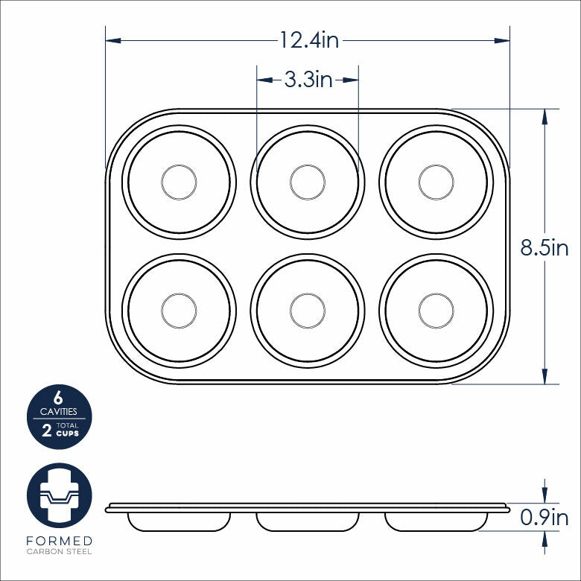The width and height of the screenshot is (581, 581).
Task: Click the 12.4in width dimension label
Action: (x=309, y=40)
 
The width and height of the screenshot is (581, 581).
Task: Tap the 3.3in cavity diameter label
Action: (x=308, y=80)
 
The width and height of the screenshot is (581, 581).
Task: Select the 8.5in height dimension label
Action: (x=544, y=248)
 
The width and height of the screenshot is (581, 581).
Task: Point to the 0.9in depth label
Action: (x=544, y=517)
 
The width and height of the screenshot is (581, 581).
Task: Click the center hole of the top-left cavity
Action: (x=179, y=182)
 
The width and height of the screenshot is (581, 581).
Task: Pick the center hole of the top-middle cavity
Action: (x=308, y=182)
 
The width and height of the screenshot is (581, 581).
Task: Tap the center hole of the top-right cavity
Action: (x=436, y=182)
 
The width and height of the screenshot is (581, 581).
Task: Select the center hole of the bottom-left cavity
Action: (x=179, y=310)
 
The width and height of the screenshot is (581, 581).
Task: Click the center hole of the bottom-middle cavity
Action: (x=308, y=310)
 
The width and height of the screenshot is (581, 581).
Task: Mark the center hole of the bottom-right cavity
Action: (x=436, y=310)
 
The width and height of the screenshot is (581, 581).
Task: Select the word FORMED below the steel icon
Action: (x=60, y=541)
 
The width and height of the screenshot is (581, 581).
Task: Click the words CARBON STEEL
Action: (x=60, y=552)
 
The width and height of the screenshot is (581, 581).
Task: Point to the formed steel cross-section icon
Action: (x=60, y=495)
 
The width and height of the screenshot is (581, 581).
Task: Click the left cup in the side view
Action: (x=179, y=521)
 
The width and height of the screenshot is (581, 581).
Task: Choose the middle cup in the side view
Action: (x=308, y=521)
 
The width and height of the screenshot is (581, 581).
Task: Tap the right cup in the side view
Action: (x=436, y=521)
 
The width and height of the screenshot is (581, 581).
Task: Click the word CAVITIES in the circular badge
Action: (x=59, y=411)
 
